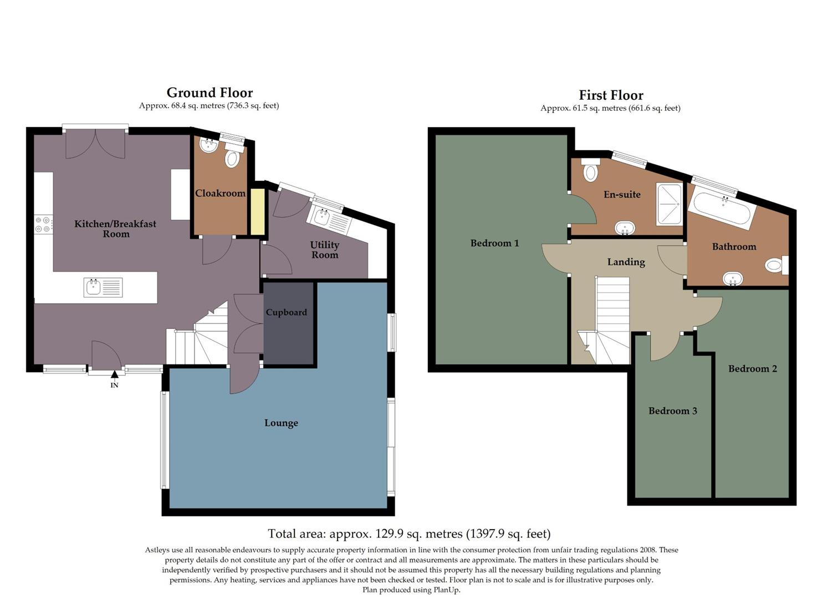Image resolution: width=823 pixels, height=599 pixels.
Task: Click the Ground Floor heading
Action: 209,93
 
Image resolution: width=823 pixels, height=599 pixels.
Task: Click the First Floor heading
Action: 611,95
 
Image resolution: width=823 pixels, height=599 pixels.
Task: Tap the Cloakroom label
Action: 220,194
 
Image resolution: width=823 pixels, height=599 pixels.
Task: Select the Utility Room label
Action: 325,250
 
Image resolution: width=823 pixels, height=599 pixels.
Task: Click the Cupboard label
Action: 286,312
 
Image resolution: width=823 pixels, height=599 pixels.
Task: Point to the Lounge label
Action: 281,423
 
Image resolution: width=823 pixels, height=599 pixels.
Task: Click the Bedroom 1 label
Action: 494,243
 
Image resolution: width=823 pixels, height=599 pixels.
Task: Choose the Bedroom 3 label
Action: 672,411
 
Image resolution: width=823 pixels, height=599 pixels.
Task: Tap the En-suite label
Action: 622,195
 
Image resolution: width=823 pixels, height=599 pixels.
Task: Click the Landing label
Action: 626,262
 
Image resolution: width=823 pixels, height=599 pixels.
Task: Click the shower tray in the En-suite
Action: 669,204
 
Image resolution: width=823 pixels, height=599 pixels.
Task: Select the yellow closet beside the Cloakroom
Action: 257,212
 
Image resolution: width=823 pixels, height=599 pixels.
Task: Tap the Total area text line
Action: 409,534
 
